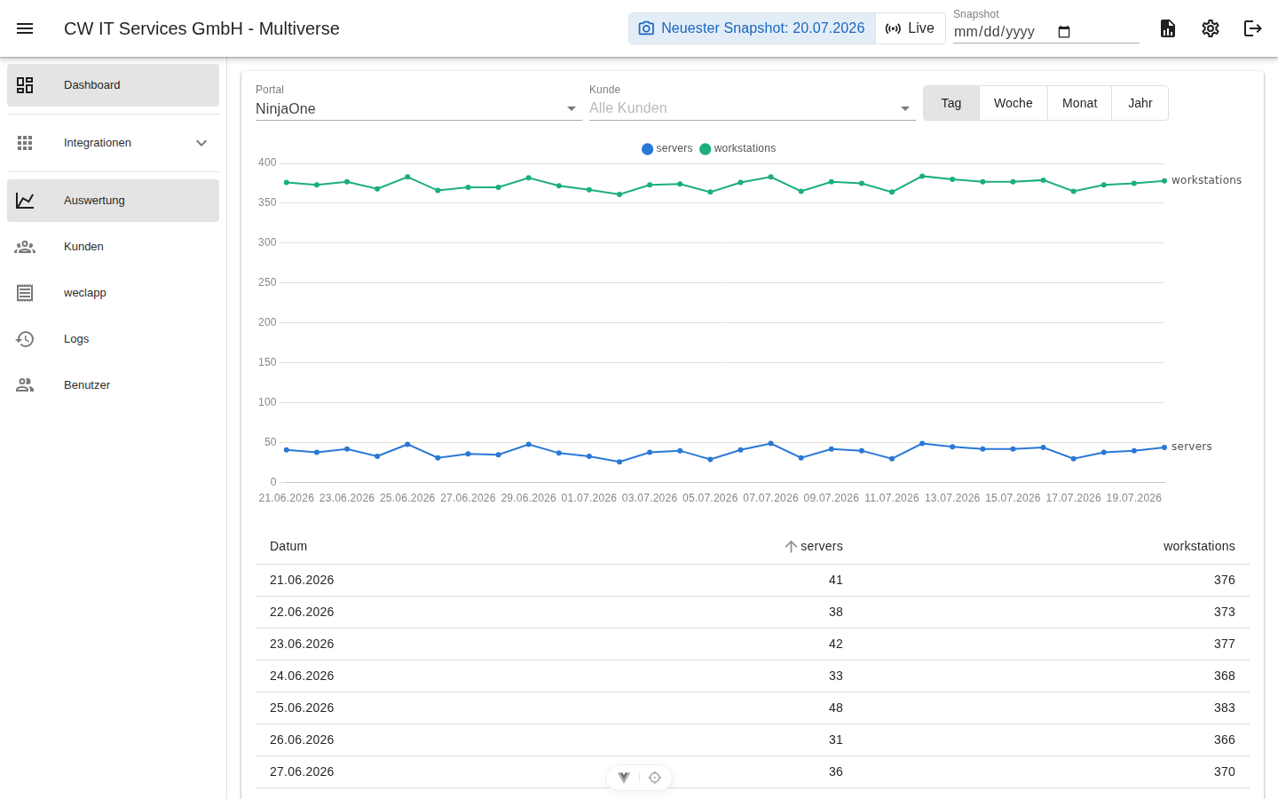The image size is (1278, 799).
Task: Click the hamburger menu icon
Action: point(25,28)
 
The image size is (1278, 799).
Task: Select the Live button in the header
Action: point(910,28)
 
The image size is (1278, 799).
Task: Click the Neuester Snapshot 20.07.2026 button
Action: point(752,28)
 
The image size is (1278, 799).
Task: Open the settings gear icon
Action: point(1211,28)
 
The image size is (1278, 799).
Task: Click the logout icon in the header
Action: point(1252,28)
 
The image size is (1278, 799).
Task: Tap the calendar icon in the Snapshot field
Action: point(1064,32)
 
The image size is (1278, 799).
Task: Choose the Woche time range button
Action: point(1014,103)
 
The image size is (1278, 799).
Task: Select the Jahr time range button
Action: point(1140,103)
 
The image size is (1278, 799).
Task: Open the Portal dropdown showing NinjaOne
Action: point(418,108)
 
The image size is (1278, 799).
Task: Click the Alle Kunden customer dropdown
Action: point(752,108)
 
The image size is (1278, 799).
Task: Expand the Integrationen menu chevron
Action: point(201,143)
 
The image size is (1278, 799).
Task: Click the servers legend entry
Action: point(667,148)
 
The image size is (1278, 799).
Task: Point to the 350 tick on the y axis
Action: point(267,202)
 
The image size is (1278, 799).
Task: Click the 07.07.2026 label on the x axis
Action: point(770,498)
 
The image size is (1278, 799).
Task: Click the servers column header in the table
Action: point(821,546)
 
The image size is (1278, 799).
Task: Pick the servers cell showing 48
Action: point(835,708)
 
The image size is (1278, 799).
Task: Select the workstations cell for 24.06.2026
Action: point(1224,676)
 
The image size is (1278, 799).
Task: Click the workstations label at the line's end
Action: point(1206,180)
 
